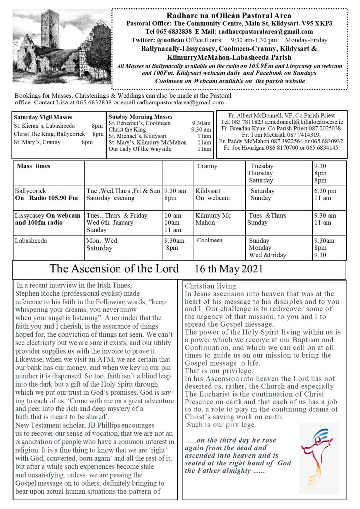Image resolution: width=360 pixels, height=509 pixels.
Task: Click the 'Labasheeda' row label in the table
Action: coord(33,240)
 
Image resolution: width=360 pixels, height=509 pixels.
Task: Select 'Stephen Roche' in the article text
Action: coord(37,293)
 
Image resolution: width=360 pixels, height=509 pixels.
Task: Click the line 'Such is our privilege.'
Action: coord(222,425)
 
